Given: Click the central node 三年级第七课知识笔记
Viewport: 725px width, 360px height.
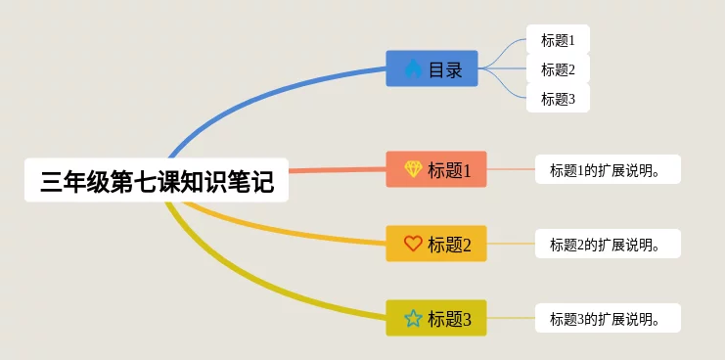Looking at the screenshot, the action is pyautogui.click(x=157, y=180).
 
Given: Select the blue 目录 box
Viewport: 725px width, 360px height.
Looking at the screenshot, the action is pyautogui.click(x=431, y=68).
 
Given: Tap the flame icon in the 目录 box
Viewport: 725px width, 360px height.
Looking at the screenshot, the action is pyautogui.click(x=413, y=68).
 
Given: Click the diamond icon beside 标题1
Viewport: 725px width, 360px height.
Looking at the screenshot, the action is pyautogui.click(x=413, y=169).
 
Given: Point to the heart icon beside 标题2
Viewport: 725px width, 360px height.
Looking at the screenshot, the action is pyautogui.click(x=413, y=244).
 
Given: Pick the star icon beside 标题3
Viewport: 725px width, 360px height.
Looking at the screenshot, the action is pyautogui.click(x=413, y=318).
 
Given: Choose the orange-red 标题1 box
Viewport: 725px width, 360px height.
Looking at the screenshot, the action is pyautogui.click(x=436, y=169).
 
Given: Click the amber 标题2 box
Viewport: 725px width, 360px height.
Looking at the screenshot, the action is pyautogui.click(x=436, y=244).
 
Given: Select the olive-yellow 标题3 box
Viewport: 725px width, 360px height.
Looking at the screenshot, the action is pyautogui.click(x=436, y=318).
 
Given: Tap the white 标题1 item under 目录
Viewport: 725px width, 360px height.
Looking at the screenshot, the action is pyautogui.click(x=558, y=40).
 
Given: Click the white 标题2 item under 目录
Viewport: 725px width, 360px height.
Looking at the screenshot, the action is pyautogui.click(x=558, y=68).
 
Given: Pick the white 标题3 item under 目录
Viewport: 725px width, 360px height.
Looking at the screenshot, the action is pyautogui.click(x=558, y=98).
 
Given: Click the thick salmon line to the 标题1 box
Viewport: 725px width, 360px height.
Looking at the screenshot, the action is pyautogui.click(x=338, y=170).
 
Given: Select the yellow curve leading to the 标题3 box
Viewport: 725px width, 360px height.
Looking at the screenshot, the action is pyautogui.click(x=249, y=282).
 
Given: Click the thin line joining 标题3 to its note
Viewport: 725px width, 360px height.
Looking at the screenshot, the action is pyautogui.click(x=511, y=318).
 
